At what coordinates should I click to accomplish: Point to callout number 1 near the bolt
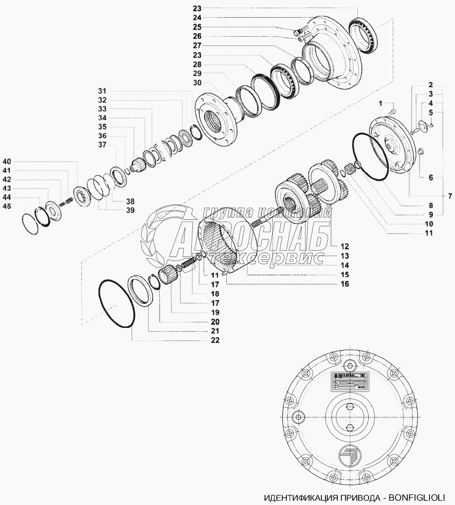pyautogui.click(x=382, y=104)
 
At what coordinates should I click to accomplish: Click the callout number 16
pyautogui.click(x=344, y=284)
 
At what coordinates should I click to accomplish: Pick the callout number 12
pyautogui.click(x=344, y=247)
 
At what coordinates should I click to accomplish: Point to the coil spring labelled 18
pyautogui.click(x=189, y=263)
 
